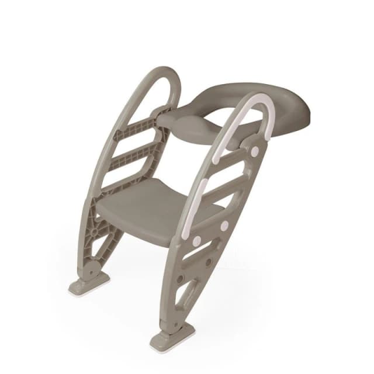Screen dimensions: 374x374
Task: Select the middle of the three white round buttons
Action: (x=224, y=224)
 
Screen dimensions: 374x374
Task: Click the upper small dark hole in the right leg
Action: (x=208, y=261)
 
